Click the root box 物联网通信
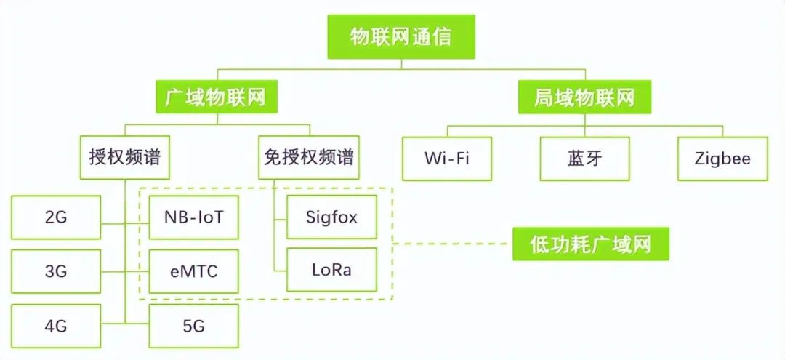401,37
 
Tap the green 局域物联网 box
584,97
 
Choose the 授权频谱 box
124,157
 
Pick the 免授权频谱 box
309,157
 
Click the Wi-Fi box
447,159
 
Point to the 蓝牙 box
584,159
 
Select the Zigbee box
722,159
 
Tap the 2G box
56,217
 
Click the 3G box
56,271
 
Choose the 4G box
56,326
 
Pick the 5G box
193,326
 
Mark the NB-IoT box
193,217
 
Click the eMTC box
193,271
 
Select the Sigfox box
331,217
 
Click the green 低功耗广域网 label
590,244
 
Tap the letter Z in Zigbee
700,159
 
